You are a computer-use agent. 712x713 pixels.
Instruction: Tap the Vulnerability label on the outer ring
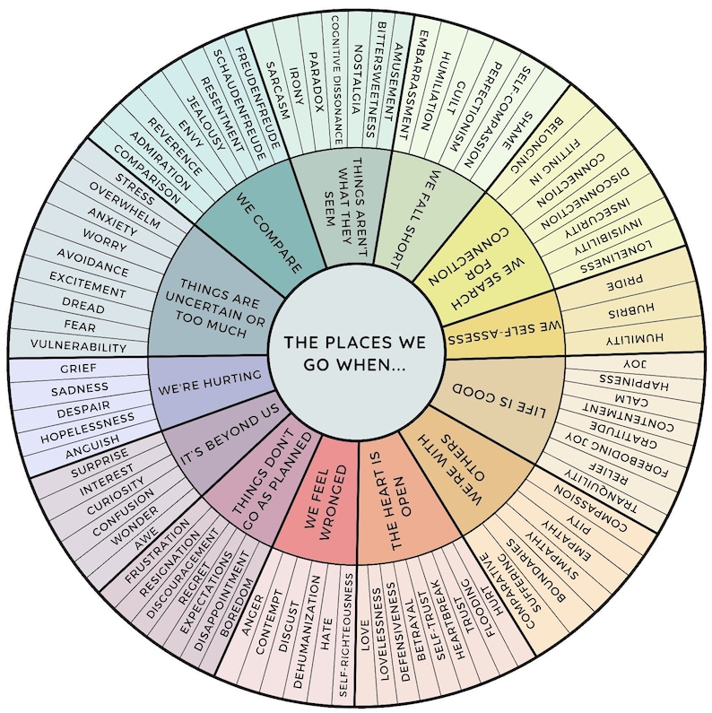78,345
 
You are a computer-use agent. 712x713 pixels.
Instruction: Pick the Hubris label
628,313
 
